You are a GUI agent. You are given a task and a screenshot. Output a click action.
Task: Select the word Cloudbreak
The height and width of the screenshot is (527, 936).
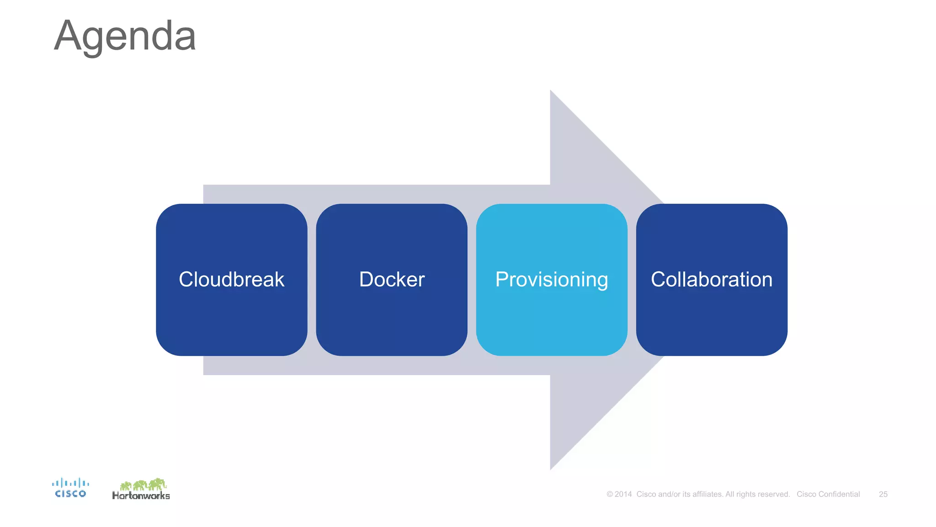pyautogui.click(x=231, y=280)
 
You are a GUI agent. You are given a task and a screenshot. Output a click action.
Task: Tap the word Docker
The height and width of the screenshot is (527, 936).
pyautogui.click(x=392, y=280)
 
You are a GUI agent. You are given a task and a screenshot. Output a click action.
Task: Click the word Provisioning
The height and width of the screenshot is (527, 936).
pyautogui.click(x=551, y=280)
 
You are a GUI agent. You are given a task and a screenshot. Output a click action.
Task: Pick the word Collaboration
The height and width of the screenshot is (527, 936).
pyautogui.click(x=711, y=280)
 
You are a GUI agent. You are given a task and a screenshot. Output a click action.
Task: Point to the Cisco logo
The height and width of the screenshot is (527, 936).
pyautogui.click(x=70, y=488)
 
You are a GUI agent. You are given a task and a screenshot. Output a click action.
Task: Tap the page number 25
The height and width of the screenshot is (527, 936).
pyautogui.click(x=883, y=494)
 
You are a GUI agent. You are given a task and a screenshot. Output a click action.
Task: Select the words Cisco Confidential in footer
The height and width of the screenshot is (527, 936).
pyautogui.click(x=828, y=494)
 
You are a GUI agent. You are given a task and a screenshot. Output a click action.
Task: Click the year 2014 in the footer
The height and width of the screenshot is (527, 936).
pyautogui.click(x=623, y=494)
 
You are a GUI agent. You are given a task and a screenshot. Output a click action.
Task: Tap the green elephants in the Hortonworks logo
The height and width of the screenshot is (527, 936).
pyautogui.click(x=143, y=484)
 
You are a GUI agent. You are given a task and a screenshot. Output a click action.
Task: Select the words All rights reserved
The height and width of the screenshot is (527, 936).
pyautogui.click(x=757, y=494)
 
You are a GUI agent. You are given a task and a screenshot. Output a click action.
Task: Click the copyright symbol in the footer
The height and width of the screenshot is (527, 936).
pyautogui.click(x=610, y=494)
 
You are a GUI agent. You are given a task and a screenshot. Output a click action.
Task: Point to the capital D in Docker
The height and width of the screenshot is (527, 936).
pyautogui.click(x=367, y=280)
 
